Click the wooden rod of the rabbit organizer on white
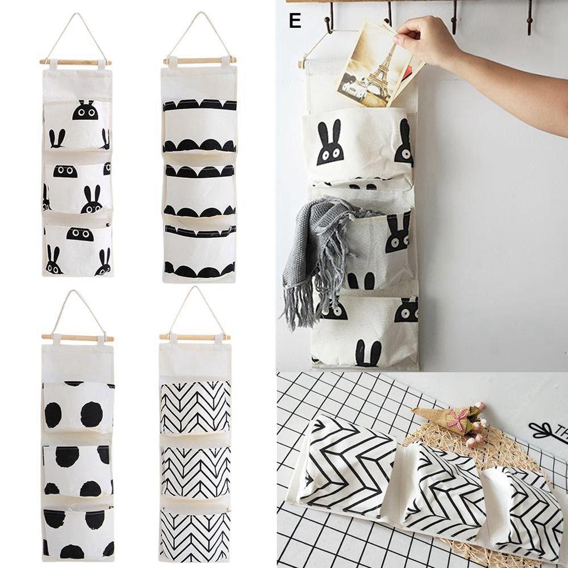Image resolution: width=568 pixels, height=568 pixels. (75, 62)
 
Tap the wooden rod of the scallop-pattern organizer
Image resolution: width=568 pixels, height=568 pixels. (199, 60)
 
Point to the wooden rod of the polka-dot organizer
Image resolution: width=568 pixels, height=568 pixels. (77, 338)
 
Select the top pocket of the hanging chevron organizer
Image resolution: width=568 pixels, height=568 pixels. (195, 407)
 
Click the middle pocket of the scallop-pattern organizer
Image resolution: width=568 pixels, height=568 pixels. (199, 190)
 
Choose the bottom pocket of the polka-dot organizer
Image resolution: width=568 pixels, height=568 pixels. (78, 531)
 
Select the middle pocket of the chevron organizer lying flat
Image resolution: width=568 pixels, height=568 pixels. (443, 488)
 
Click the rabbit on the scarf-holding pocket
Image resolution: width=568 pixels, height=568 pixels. (398, 233)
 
